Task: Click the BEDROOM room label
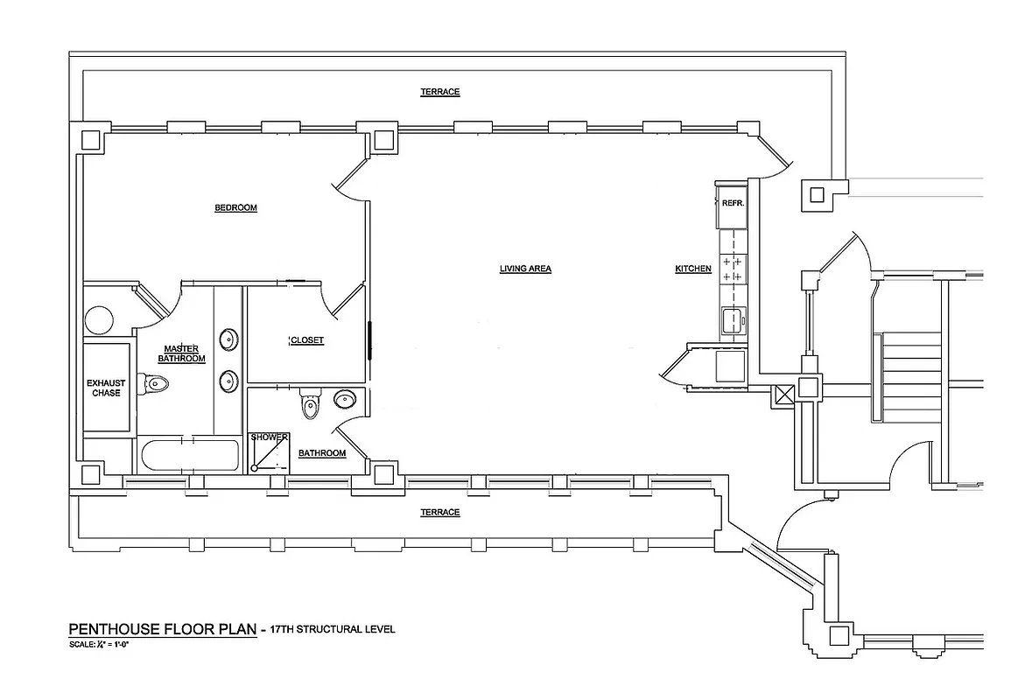coord(235,208)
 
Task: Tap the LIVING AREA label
coord(525,269)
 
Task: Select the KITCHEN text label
coord(692,269)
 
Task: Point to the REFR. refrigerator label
coord(732,203)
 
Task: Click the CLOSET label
coord(306,340)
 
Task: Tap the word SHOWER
coord(269,437)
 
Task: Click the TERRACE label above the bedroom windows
coord(439,92)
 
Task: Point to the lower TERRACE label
coord(439,513)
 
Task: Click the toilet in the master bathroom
coord(156,383)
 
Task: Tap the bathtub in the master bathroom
coord(189,456)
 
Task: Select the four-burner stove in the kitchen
coord(732,269)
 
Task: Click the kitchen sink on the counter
coord(732,320)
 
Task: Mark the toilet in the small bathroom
coord(308,405)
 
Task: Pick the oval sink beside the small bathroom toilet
coord(345,401)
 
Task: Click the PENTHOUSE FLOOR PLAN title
coord(163,630)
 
